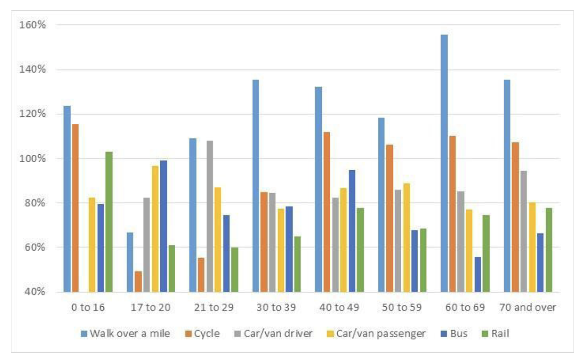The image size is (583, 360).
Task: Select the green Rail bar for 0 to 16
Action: coord(109,222)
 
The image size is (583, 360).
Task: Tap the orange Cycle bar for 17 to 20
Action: coord(138,281)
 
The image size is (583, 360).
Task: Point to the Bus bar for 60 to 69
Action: coord(477,274)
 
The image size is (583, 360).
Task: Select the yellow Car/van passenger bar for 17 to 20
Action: coord(155,229)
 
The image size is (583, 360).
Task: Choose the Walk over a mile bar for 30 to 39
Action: coord(256,186)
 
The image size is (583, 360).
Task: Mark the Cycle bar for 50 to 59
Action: coord(389,218)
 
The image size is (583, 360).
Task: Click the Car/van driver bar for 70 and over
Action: coord(523,231)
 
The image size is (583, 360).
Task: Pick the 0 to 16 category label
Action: coord(88,308)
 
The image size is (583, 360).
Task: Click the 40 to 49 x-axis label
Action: coord(339,308)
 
